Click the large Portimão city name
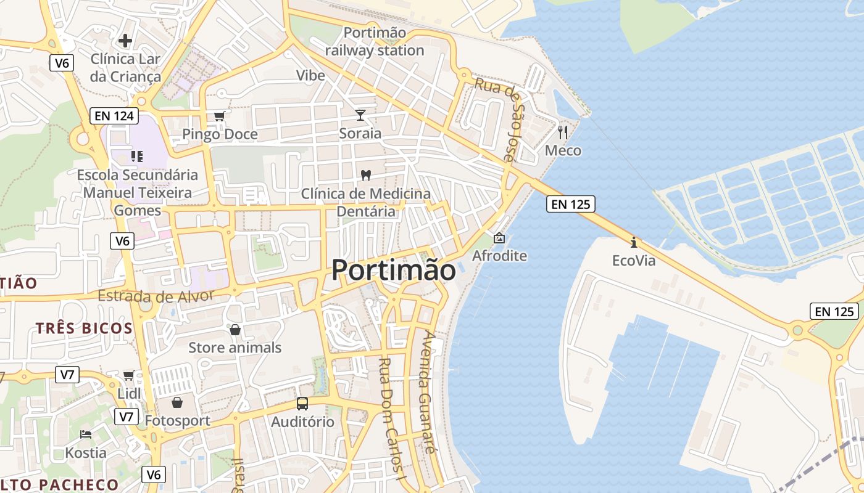pos(394,270)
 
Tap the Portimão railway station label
pos(375,41)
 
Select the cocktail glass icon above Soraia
pos(360,115)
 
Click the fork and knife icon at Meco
pos(563,132)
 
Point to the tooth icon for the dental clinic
pos(365,175)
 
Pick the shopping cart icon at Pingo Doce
pos(220,116)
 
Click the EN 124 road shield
pos(114,115)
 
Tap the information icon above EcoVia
pos(633,242)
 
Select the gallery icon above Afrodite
pos(499,237)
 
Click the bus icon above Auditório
pos(302,404)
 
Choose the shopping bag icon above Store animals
pos(235,330)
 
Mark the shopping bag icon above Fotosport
pos(177,402)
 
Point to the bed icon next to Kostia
pos(86,434)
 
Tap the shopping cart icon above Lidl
pos(128,375)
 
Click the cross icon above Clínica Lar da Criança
pos(125,41)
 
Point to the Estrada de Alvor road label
pos(156,296)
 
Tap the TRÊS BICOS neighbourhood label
pos(84,328)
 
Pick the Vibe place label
pos(310,75)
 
